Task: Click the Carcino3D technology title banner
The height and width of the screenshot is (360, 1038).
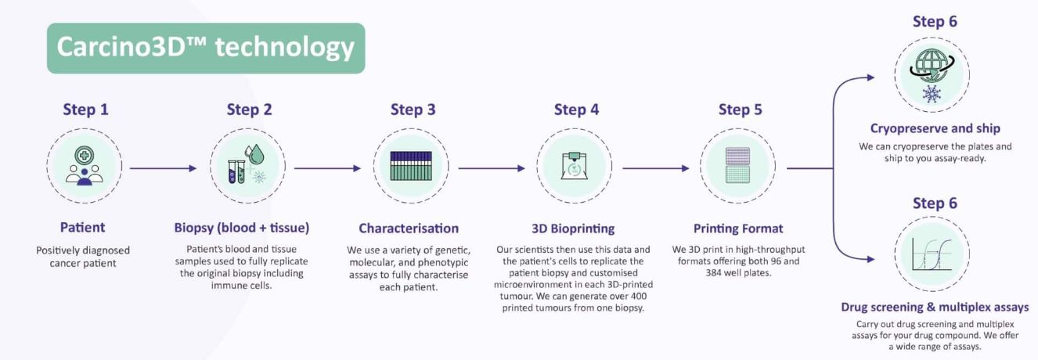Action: tap(206, 49)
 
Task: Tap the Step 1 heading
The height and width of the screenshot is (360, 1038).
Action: tap(86, 110)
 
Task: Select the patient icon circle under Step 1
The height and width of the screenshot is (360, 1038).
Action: tap(85, 166)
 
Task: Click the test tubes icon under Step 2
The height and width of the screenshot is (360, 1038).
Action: tap(236, 171)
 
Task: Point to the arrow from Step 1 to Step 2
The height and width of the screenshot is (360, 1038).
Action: tap(163, 168)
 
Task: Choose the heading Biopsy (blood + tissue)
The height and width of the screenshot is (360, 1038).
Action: tap(241, 228)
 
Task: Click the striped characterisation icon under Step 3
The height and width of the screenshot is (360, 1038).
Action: tap(411, 165)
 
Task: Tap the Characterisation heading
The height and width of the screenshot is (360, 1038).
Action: tap(409, 228)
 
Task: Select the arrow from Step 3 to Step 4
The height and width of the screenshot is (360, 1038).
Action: tap(492, 168)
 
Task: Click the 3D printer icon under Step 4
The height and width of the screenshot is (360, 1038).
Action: tap(575, 165)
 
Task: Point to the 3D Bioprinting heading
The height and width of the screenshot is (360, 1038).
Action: tap(573, 229)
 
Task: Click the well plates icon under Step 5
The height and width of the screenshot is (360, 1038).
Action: tap(737, 165)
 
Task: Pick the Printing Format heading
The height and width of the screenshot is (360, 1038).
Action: tap(738, 229)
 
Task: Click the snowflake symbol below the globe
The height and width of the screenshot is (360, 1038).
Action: tap(932, 94)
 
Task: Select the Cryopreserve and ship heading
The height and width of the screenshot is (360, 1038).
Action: tap(935, 128)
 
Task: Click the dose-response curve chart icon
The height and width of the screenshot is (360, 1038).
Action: tap(932, 254)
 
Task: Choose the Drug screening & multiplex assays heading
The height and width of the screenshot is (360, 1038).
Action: tap(935, 308)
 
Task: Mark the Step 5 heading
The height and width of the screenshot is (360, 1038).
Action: tap(741, 110)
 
